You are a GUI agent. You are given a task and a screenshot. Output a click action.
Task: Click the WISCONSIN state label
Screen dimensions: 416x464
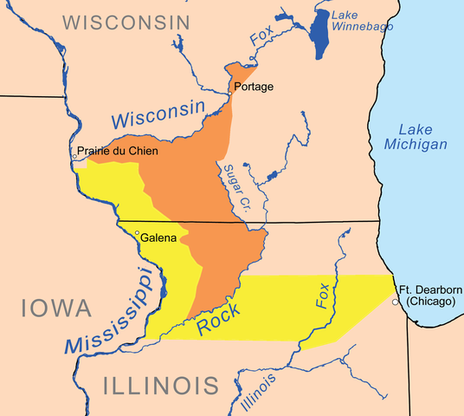(x=126, y=21)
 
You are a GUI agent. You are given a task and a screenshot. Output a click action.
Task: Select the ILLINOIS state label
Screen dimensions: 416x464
(x=159, y=385)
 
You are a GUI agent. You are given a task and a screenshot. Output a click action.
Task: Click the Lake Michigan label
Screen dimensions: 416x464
(x=417, y=133)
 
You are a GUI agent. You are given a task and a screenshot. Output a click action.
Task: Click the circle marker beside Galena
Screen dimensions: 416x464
(x=136, y=234)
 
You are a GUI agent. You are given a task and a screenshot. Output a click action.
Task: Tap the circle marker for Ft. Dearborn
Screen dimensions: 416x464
(x=395, y=302)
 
